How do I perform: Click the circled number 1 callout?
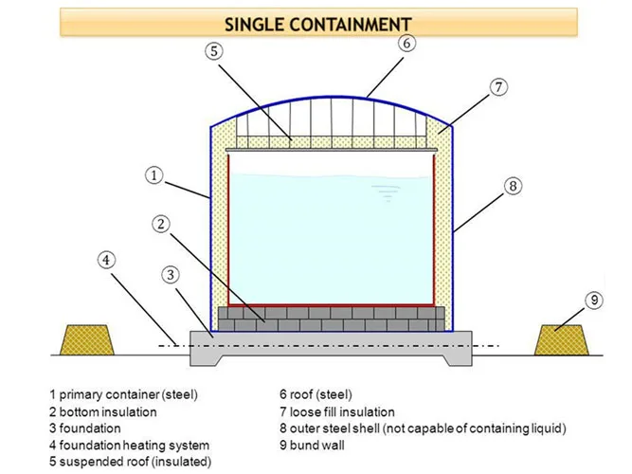[x=153, y=176]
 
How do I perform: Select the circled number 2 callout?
[x=161, y=224]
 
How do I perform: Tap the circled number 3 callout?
[x=171, y=275]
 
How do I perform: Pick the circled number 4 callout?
[x=106, y=260]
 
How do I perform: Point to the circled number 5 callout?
[x=214, y=51]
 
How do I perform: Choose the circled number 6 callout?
[x=407, y=43]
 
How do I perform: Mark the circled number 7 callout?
[x=498, y=87]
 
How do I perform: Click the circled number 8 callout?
[x=514, y=186]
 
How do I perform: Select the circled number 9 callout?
[x=594, y=301]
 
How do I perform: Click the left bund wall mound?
[x=87, y=340]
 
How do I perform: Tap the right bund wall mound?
[x=562, y=340]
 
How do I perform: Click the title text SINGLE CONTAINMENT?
[x=318, y=25]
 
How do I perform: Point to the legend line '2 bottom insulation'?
[x=103, y=411]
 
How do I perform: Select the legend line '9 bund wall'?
[x=312, y=445]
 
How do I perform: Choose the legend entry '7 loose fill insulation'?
[x=337, y=411]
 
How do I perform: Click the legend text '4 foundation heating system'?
[x=130, y=446]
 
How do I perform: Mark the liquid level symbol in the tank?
[x=387, y=192]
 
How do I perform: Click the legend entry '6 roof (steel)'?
[x=316, y=394]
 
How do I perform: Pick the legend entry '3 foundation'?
[x=85, y=428]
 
